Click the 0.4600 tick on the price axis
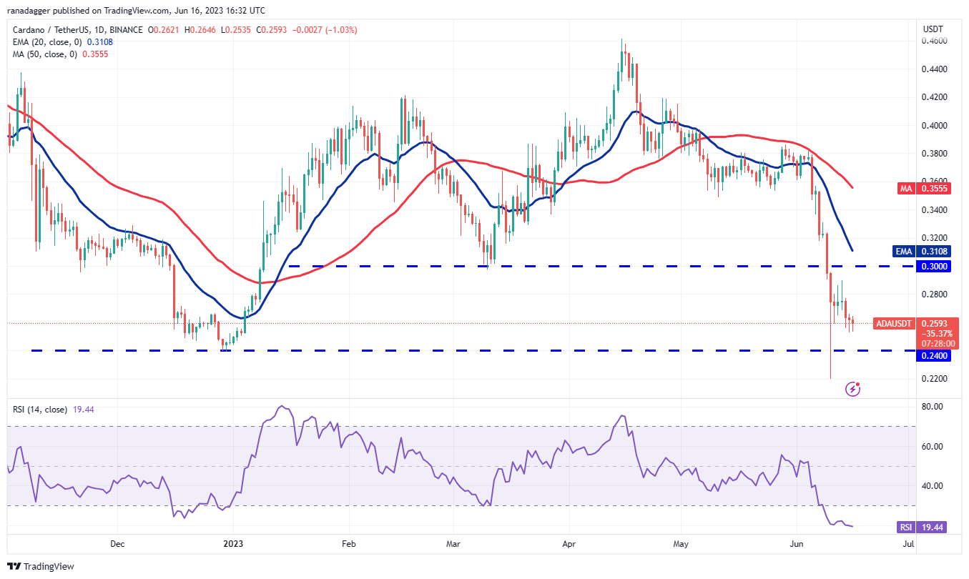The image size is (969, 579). [933, 41]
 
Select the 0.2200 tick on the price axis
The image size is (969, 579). [933, 379]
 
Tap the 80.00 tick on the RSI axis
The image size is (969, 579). [932, 407]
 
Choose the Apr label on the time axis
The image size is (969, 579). [569, 544]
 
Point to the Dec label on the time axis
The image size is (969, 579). [118, 544]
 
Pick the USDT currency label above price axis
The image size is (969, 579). [933, 29]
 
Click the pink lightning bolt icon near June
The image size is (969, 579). [852, 389]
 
